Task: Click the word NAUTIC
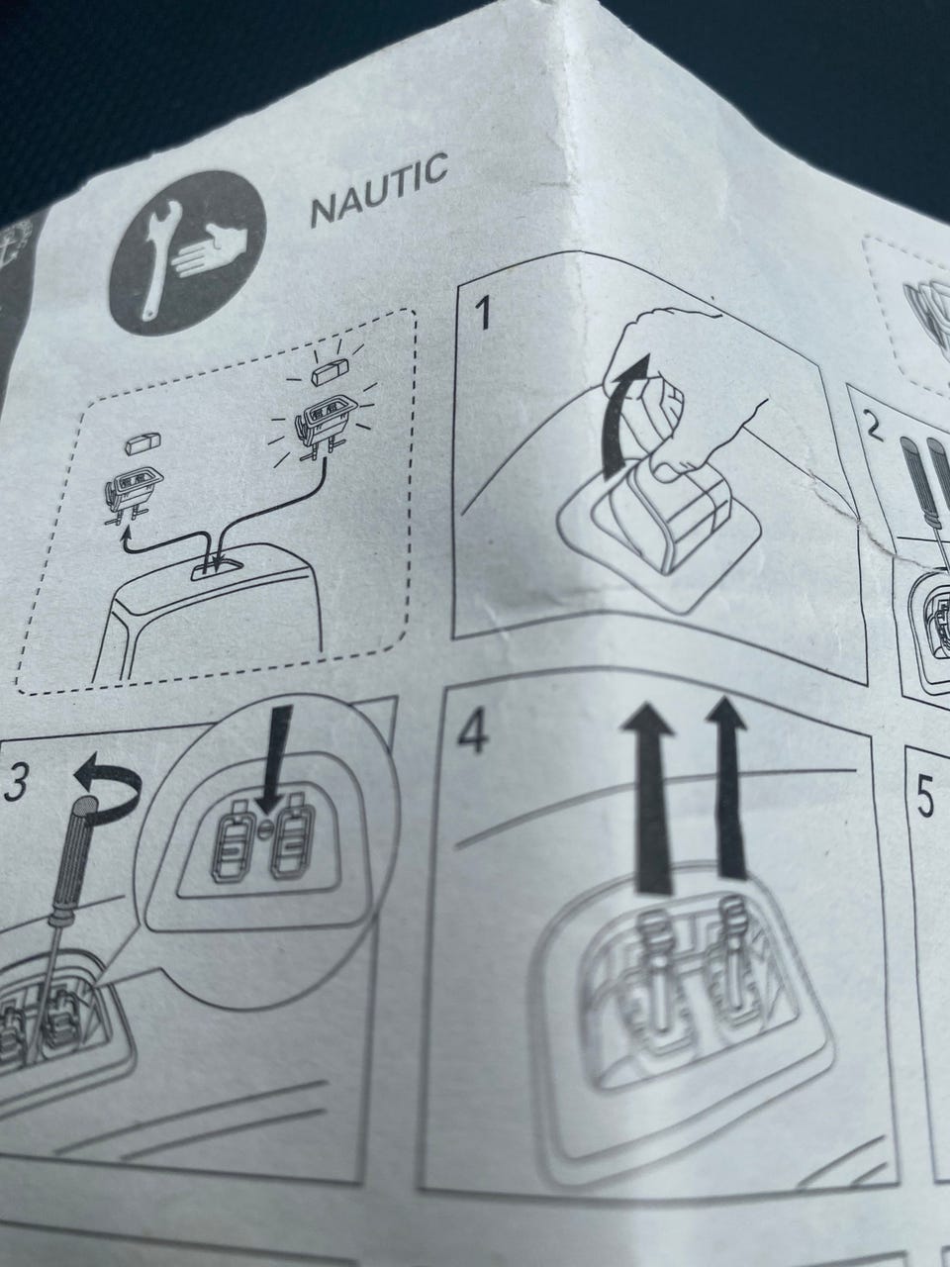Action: tap(379, 189)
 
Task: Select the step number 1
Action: tap(483, 315)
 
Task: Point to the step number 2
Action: tap(876, 428)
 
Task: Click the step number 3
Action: tap(17, 784)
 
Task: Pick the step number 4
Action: tap(472, 733)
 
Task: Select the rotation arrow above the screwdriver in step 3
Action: tap(110, 786)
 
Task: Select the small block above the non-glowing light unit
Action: tap(142, 443)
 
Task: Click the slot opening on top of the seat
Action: tap(217, 565)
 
